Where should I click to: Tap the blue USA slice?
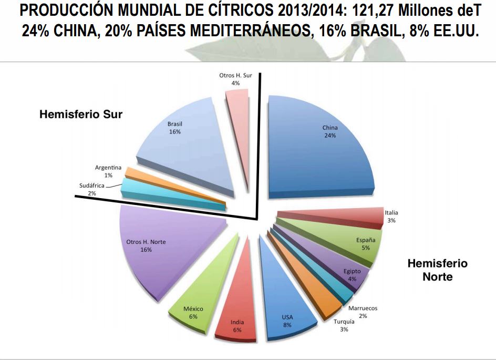pos(285,304)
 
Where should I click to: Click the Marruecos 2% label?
pos(363,312)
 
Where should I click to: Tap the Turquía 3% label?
pos(344,325)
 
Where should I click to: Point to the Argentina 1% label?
pos(108,171)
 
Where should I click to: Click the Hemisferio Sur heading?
pos(81,114)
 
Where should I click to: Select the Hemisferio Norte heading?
pos(438,270)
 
